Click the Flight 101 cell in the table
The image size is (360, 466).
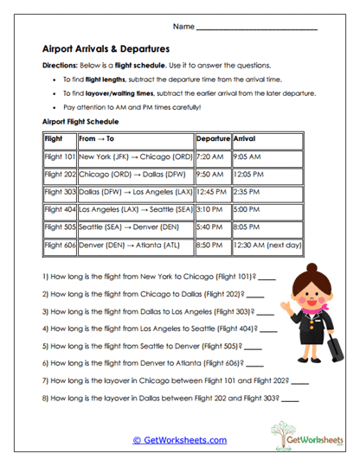60,158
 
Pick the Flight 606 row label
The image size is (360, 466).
60,245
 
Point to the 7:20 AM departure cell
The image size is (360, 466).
211,158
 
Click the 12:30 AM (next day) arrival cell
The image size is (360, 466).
267,245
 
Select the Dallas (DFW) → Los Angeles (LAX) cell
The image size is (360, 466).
136,193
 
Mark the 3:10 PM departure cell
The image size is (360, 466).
212,210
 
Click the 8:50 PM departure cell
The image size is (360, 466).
212,245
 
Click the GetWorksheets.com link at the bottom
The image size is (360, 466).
179,439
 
